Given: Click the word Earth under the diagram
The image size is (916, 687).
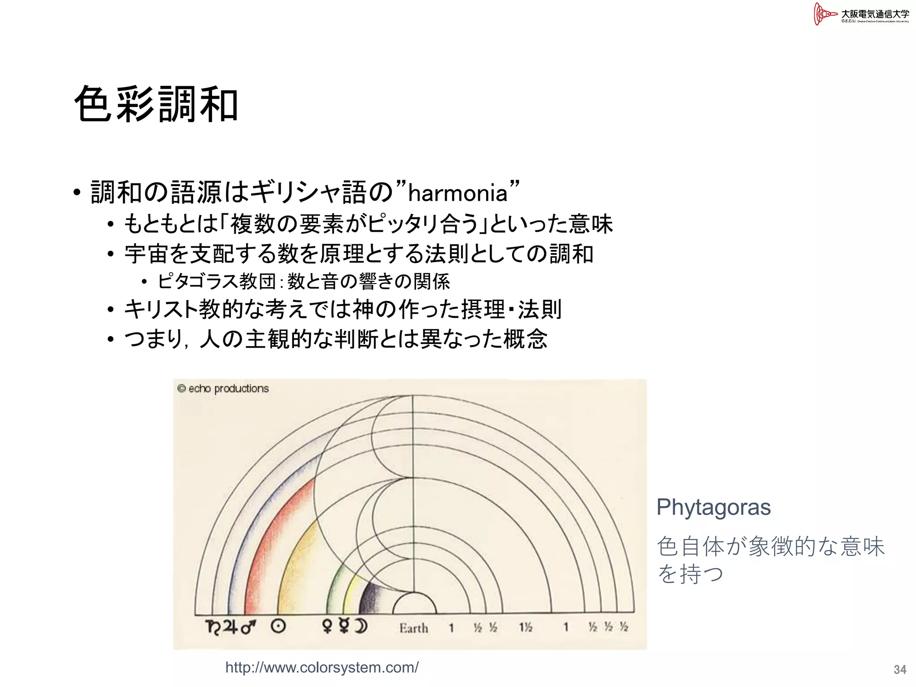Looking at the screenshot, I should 414,628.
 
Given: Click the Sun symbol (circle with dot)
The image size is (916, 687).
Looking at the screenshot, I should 278,627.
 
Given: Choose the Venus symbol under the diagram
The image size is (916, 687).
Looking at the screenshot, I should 327,627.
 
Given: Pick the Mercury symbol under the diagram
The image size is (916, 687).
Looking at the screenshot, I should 343,627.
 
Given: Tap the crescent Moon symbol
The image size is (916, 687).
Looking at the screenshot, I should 360,627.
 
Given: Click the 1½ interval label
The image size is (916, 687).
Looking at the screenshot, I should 526,628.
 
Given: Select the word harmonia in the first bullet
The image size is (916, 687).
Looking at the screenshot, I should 458,194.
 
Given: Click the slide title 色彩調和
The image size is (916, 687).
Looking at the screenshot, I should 156,105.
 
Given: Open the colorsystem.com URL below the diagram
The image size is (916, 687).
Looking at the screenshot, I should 322,667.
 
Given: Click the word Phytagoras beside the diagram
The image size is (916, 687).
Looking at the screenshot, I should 713,507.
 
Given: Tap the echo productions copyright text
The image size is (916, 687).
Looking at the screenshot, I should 223,389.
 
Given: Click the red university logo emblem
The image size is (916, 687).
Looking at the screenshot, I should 824,14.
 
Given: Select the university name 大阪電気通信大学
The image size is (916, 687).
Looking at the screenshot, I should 875,14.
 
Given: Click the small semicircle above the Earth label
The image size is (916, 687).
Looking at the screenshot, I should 415,604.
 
